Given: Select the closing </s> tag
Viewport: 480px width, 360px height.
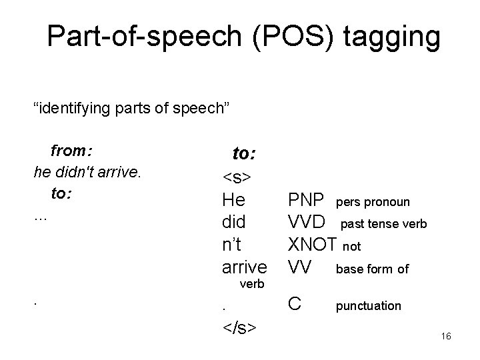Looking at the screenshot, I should coord(241,329).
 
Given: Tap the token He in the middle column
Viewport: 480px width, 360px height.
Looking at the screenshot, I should coord(234,200).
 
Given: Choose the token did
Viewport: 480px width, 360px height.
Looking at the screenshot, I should coord(233,222).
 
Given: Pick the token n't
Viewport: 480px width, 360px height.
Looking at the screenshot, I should coord(233,244).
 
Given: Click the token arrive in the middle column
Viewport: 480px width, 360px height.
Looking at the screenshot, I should coord(244,267).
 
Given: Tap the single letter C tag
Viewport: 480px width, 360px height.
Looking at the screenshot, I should coord(294,304).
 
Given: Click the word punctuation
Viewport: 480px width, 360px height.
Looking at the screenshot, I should coord(368,306).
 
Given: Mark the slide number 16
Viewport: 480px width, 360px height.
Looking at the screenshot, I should coord(446,337).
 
